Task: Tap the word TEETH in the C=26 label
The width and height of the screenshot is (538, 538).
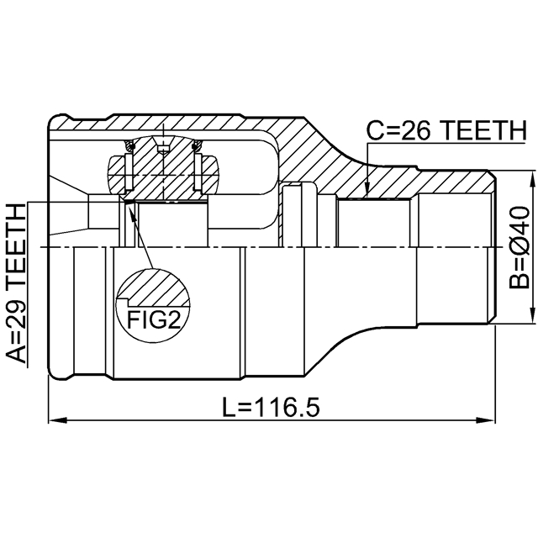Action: [479, 131]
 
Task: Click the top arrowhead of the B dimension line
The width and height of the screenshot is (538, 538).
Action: [532, 178]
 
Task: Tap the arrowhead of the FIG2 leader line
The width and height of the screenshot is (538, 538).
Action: [128, 207]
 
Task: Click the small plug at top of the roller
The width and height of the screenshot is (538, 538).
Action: [163, 149]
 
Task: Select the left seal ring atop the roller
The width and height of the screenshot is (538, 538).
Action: [129, 149]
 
